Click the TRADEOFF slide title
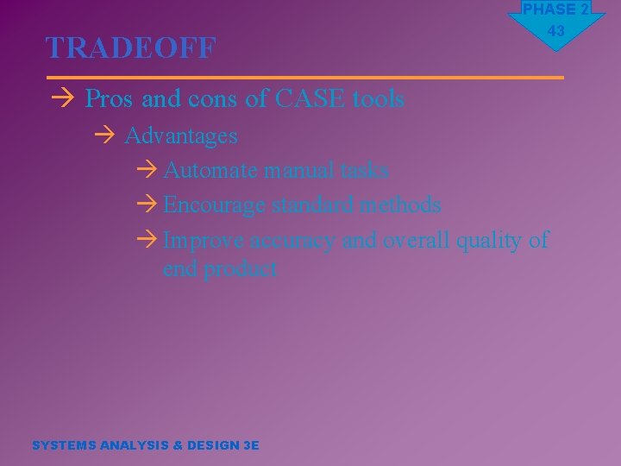click(x=130, y=48)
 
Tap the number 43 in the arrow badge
click(x=556, y=31)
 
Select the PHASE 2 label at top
click(x=556, y=9)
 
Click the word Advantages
click(x=181, y=135)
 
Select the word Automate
click(x=210, y=170)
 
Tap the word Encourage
click(x=215, y=205)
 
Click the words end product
click(x=220, y=269)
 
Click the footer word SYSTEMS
click(x=63, y=445)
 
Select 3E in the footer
click(x=251, y=445)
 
